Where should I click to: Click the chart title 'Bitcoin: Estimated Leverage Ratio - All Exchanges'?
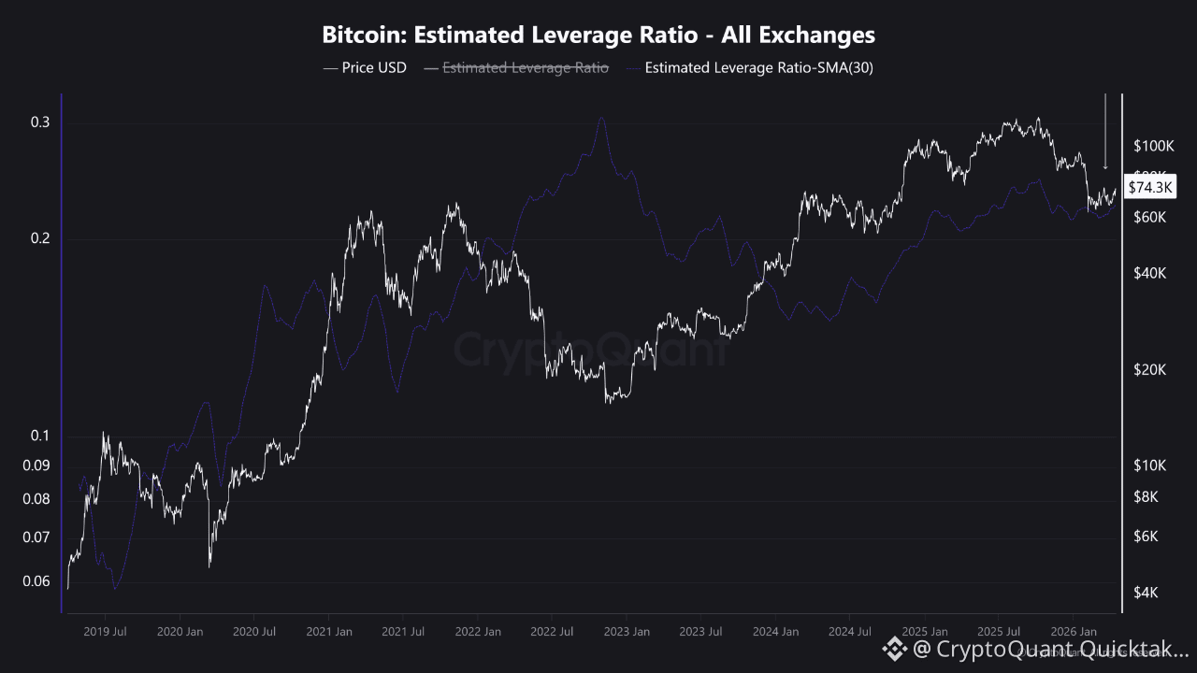pos(598,36)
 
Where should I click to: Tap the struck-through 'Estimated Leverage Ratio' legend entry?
pos(525,67)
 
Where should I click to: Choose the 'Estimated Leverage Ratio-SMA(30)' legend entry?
pos(758,67)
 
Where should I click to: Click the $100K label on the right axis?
pos(1153,146)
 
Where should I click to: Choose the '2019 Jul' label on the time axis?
pos(105,632)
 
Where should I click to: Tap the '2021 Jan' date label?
pos(328,632)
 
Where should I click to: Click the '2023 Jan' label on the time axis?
pos(627,632)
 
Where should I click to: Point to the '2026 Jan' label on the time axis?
pos(1074,632)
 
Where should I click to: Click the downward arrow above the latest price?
pos(1105,131)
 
